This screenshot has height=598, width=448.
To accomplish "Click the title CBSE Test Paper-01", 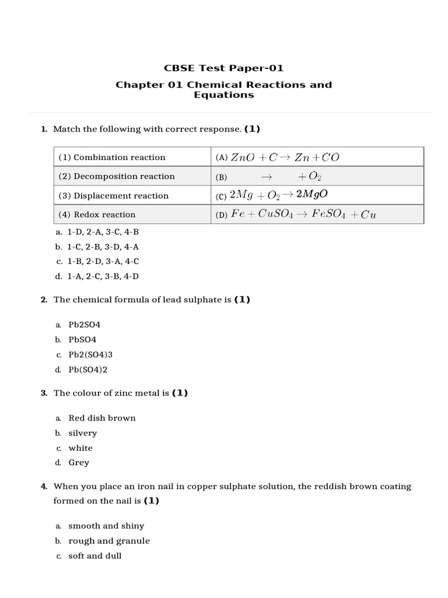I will pyautogui.click(x=223, y=68).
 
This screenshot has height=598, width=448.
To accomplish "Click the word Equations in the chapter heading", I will pyautogui.click(x=223, y=95).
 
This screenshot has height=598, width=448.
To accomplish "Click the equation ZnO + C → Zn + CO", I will pyautogui.click(x=285, y=157).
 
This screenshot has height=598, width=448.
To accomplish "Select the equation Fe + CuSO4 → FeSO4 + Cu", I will pyautogui.click(x=303, y=214).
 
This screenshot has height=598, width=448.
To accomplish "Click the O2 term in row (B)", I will pyautogui.click(x=314, y=177).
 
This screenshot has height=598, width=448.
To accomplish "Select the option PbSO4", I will pyautogui.click(x=82, y=339).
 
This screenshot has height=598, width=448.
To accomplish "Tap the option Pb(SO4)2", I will pyautogui.click(x=88, y=370).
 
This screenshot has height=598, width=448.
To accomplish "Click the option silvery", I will pyautogui.click(x=82, y=433).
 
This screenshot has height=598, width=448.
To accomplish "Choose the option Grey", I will pyautogui.click(x=79, y=463).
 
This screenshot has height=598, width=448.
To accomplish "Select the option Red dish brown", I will pyautogui.click(x=101, y=418).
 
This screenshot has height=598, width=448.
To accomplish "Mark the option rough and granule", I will pyautogui.click(x=108, y=541).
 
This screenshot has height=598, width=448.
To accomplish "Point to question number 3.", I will pyautogui.click(x=44, y=393).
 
